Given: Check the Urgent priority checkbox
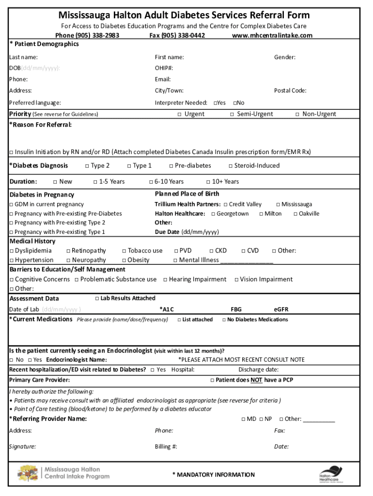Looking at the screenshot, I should tap(179, 114).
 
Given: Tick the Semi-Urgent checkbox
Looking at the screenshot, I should tap(232, 114).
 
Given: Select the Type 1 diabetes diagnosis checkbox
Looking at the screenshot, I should tap(129, 166).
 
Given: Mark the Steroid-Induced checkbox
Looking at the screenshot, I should tap(231, 166).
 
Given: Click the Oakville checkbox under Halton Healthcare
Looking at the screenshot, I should tap(295, 214).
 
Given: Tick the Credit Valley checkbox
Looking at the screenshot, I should tap(226, 204).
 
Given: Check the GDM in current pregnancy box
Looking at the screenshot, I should tap(12, 204).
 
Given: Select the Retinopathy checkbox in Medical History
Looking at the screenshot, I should tap(68, 251).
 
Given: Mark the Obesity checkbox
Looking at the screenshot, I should tap(124, 260).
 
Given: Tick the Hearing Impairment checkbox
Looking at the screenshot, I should tap(165, 279).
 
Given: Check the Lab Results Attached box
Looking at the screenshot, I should tap(97, 298).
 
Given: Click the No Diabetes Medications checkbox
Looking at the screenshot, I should tap(224, 320).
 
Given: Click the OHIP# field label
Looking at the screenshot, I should tap(164, 68).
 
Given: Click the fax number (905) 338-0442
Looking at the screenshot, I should tap(177, 35).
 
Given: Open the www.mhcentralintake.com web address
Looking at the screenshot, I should tap(272, 35).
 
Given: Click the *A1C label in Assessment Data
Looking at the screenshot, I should tap(167, 309).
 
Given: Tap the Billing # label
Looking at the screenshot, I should tap(166, 447).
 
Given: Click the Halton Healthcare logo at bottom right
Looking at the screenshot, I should tap(330, 474).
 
